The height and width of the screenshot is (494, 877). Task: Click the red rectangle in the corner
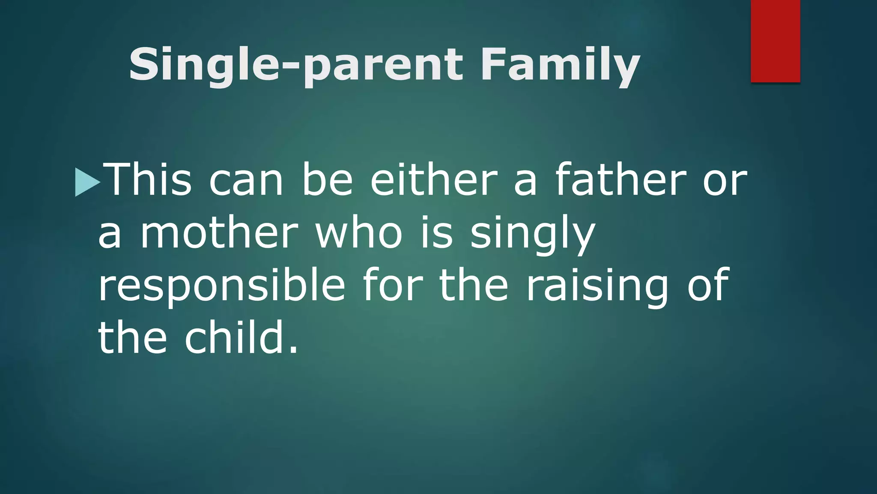[775, 41]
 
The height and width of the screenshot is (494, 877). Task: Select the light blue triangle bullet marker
[87, 182]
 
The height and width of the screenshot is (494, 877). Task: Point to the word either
[433, 180]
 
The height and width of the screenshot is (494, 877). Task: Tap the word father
[620, 180]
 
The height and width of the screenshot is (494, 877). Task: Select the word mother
[219, 234]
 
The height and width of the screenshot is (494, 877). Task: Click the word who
[359, 234]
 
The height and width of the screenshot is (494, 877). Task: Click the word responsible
[221, 286]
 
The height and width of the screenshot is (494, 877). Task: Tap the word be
[327, 180]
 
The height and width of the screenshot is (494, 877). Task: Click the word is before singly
[437, 234]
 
